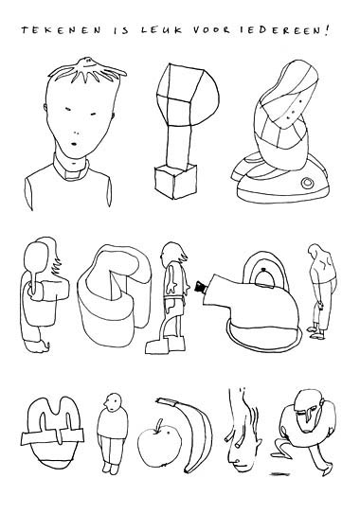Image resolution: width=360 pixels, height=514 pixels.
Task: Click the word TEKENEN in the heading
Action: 62,30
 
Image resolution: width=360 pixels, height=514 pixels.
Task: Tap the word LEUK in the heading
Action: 161,30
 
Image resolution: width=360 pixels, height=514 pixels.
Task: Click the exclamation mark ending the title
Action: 326,30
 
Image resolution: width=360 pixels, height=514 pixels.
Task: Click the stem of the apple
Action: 159,423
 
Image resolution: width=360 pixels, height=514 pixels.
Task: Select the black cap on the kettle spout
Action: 200,286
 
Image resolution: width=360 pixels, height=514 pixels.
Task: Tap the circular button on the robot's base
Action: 308,184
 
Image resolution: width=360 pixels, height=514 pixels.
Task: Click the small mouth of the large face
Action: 74,144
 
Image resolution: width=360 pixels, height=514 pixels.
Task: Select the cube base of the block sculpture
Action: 176,182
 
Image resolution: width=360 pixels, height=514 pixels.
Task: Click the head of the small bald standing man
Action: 113,402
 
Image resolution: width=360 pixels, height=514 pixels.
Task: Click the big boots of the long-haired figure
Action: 167,345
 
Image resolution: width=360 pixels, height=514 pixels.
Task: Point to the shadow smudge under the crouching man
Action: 279,473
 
